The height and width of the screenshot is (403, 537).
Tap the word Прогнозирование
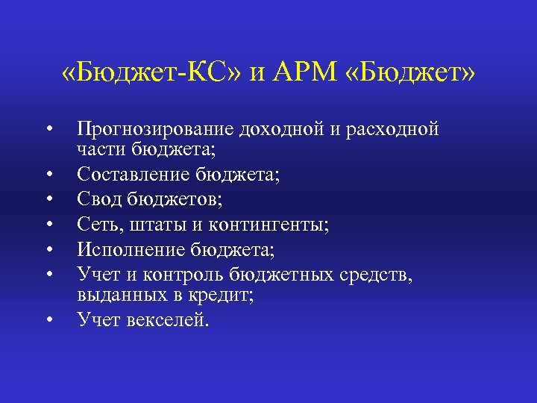click(157, 130)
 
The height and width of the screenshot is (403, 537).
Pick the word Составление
click(134, 175)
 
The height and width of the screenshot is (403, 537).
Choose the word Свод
click(100, 200)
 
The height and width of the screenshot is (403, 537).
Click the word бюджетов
click(174, 200)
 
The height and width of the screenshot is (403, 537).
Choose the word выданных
click(113, 295)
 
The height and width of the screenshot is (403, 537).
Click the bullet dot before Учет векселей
click(47, 319)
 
